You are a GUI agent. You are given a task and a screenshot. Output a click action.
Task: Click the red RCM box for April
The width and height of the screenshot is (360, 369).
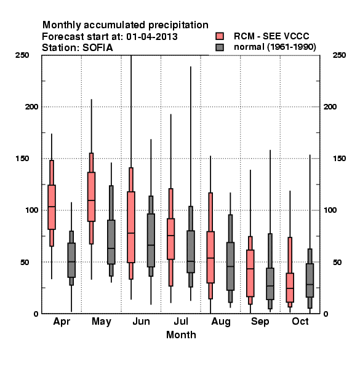click(52, 207)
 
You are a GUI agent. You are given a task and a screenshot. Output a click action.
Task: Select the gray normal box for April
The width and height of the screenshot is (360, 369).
click(71, 260)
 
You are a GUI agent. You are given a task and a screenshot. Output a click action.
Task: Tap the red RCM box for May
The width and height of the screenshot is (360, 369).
click(91, 197)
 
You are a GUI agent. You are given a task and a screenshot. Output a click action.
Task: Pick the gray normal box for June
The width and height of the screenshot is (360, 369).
click(151, 240)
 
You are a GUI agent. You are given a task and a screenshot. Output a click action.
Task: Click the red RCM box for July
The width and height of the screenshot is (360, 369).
click(171, 239)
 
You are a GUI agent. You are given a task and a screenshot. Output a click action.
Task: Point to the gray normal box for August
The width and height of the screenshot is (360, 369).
click(231, 266)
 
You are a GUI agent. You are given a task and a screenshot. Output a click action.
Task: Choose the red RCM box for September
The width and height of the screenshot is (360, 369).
click(250, 273)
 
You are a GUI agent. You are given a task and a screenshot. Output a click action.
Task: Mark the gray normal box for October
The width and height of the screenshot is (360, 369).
click(310, 280)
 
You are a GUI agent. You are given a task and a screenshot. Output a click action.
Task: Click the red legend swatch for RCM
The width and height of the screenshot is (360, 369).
click(220, 36)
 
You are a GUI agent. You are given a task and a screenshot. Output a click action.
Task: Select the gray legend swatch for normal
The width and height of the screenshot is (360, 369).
click(220, 47)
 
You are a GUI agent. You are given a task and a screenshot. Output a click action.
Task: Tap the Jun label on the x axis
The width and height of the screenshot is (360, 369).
click(141, 322)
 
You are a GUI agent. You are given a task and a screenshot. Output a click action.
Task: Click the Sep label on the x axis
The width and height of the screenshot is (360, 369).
click(260, 322)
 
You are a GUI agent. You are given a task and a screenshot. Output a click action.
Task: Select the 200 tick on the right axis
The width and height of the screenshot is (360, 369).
click(330, 107)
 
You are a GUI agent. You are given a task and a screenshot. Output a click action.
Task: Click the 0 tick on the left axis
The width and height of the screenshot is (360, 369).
click(36, 314)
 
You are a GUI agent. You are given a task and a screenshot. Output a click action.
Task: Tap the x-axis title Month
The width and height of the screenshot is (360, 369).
click(181, 335)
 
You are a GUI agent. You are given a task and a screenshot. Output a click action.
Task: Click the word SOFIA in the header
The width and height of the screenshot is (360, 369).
click(98, 48)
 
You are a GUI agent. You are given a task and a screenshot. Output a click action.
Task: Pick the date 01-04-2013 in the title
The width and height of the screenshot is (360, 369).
click(152, 37)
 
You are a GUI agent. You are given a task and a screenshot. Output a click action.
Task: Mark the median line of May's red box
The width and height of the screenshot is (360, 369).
click(91, 200)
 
